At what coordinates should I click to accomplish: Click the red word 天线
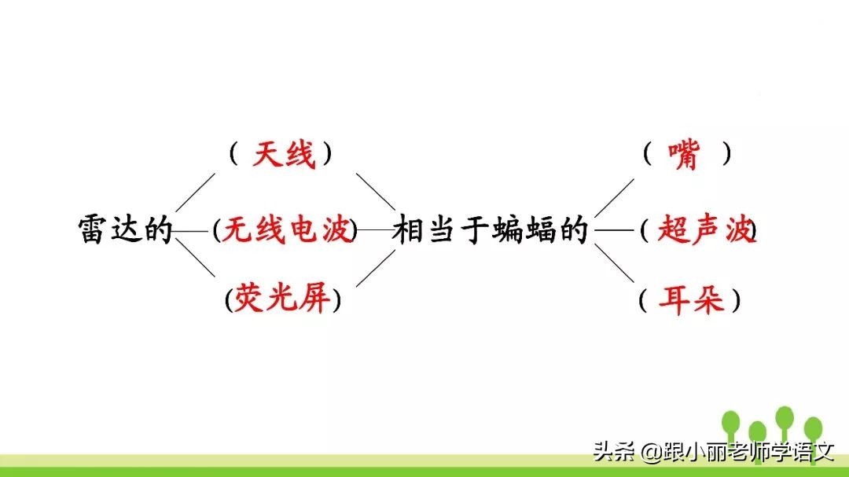283,155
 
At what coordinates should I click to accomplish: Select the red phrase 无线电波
286,230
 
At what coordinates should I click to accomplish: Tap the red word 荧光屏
282,300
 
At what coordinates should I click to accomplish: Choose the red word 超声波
703,230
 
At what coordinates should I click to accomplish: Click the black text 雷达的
125,230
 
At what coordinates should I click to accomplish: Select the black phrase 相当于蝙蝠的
491,230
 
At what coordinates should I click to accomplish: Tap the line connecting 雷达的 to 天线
195,193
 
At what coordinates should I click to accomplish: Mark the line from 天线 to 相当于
376,192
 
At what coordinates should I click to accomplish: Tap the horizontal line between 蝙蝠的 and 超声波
615,230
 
